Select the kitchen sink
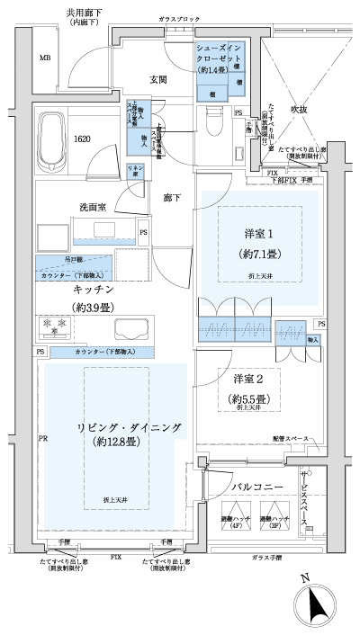pos(130,329)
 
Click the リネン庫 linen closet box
pos(136,171)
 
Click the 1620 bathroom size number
pos(81,139)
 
